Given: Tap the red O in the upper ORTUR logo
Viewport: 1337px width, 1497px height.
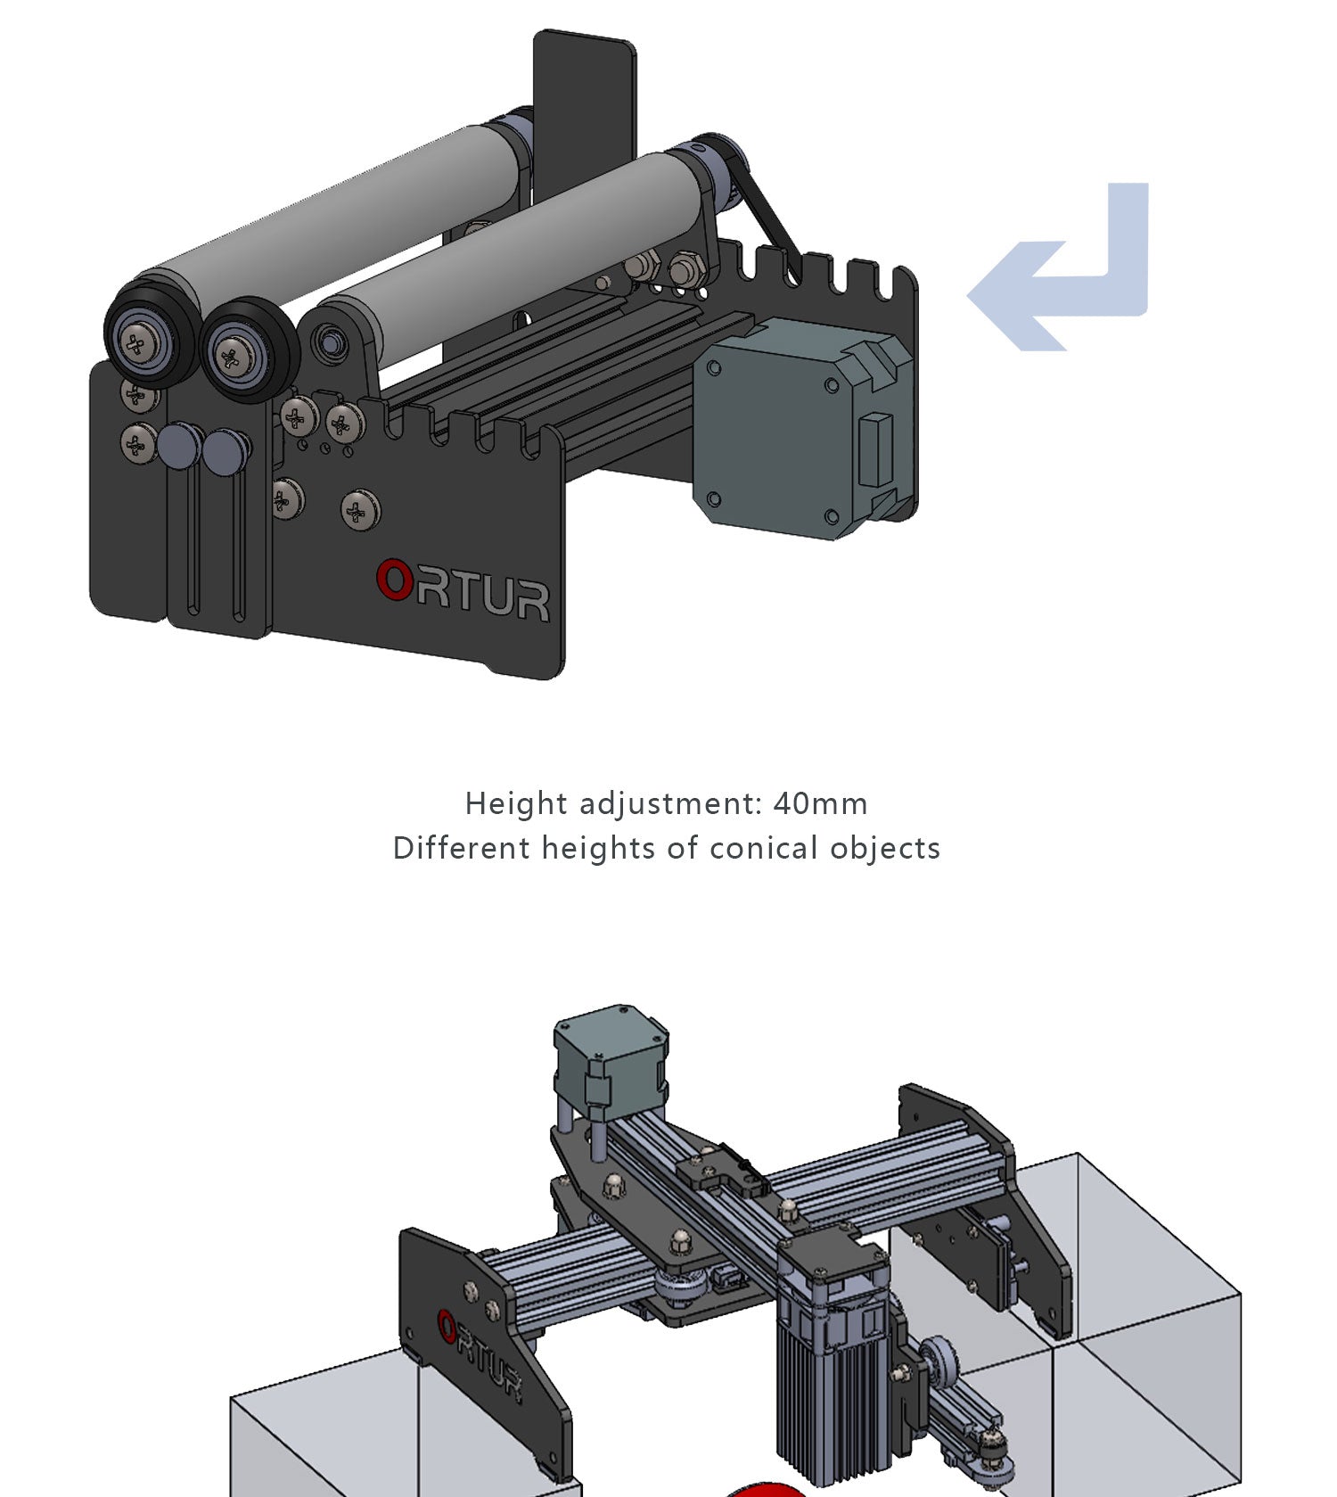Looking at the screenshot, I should click(x=393, y=580).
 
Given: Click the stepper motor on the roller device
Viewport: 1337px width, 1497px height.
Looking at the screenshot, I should click(x=793, y=428).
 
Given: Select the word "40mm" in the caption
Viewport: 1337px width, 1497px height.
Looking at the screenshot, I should click(x=820, y=803).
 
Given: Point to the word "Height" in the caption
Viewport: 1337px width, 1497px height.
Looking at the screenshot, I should click(x=516, y=803).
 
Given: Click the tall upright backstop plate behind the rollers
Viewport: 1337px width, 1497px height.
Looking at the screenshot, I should click(x=585, y=98).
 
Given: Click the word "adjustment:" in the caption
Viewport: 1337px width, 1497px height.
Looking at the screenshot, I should click(x=671, y=803).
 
